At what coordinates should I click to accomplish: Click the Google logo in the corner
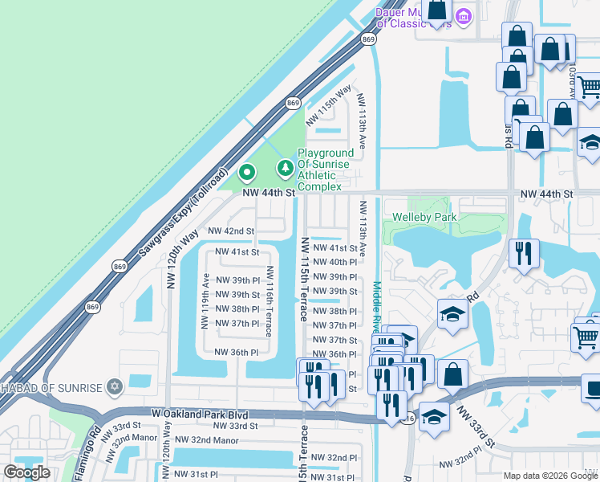[x=26, y=472]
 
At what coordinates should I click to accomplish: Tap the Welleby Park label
[x=424, y=218]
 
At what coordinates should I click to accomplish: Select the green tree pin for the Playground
[x=284, y=168]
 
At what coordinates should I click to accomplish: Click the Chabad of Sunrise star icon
[x=114, y=388]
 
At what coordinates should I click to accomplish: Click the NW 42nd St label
[x=231, y=231]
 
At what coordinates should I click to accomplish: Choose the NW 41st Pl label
[x=334, y=248]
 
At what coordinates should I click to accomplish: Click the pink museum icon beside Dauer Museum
[x=463, y=16]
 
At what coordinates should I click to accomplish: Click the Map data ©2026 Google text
[x=549, y=476]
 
